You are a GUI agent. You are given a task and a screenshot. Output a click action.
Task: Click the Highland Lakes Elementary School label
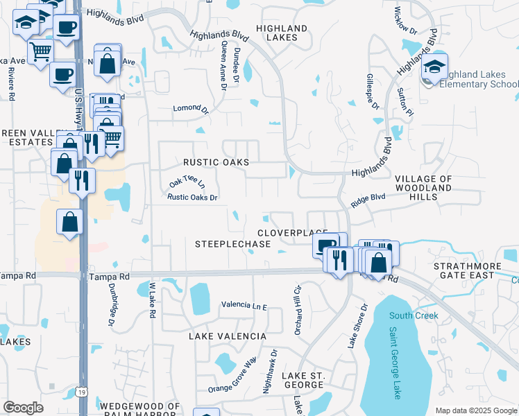pos(479,79)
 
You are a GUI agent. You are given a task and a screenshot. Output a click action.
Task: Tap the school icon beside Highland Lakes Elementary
pos(434,68)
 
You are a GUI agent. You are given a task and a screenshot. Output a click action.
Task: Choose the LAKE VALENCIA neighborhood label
pos(228,336)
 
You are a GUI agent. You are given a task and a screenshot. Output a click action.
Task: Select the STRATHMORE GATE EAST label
pos(473,270)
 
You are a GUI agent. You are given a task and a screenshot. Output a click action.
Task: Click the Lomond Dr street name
pos(191,109)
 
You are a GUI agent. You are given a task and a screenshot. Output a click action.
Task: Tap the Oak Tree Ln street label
pos(187,183)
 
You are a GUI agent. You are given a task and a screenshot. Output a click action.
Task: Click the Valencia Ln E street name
pos(244,305)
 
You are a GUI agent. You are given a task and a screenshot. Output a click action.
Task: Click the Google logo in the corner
pos(24,408)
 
